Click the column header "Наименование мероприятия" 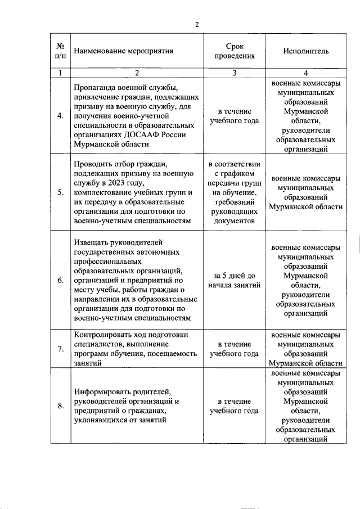point(128,51)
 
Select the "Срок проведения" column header point(234,51)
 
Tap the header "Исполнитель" point(305,51)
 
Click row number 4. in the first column point(61,116)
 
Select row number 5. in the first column point(61,192)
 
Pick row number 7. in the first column point(61,349)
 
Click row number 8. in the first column point(61,406)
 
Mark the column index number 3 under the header point(234,73)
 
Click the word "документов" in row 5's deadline point(234,222)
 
